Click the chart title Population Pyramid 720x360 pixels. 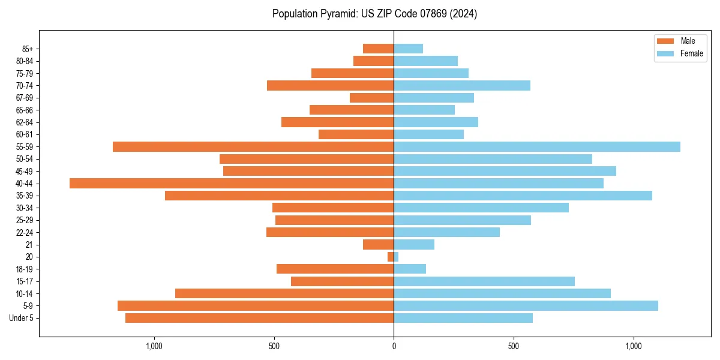pos(374,14)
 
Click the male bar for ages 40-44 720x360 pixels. pos(232,183)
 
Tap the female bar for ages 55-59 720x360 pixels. pos(537,146)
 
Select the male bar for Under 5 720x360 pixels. pos(259,318)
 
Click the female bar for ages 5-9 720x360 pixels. pos(526,305)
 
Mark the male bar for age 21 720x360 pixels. pos(378,244)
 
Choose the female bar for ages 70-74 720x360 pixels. pos(462,85)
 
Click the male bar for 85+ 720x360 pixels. pos(378,49)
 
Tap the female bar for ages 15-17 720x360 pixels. pos(484,281)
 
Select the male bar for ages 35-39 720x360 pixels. pos(279,196)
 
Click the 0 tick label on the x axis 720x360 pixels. pos(394,346)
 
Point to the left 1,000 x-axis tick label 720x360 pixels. pos(154,346)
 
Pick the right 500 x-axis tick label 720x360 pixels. pos(513,346)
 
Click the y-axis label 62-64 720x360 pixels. pos(25,122)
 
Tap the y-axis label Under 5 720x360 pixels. pos(21,318)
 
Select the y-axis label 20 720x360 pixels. pos(29,257)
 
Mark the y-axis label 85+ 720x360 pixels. pos(26,49)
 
